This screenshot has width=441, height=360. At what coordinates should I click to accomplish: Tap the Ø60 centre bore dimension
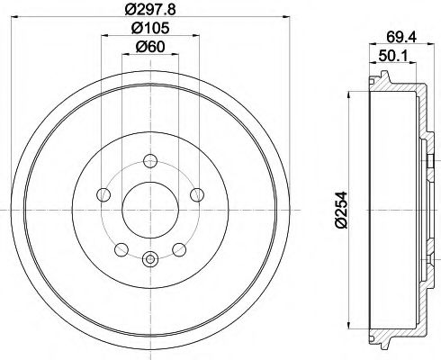coord(148,47)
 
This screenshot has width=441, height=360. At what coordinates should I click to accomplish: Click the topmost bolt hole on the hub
coord(149,162)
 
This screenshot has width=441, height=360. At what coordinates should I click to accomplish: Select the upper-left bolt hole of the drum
coord(105,194)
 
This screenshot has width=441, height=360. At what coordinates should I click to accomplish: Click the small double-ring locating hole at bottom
coord(149,260)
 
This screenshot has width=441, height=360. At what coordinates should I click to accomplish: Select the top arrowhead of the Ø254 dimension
coord(348,94)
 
